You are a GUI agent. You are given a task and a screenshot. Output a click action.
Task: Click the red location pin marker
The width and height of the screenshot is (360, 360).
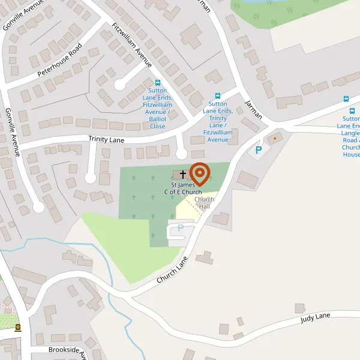click(199, 174)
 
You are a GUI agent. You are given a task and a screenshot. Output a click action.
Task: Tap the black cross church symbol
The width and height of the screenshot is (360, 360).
click(183, 173)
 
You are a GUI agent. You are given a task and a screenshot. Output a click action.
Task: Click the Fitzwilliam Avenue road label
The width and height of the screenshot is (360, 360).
click(132, 44)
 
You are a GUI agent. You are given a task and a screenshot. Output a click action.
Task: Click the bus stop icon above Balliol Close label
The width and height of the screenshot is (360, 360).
click(158, 83)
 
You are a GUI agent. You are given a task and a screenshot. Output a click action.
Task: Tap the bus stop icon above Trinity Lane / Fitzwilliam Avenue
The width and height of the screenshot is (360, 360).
click(218, 95)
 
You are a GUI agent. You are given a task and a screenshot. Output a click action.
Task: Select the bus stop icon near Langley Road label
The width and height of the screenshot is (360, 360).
click(346, 99)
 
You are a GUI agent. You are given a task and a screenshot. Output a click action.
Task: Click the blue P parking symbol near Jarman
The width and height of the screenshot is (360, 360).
click(259, 150)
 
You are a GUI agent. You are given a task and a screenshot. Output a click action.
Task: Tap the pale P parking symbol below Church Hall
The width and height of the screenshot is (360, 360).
click(180, 227)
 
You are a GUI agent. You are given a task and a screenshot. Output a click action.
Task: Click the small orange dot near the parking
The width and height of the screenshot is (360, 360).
click(275, 139)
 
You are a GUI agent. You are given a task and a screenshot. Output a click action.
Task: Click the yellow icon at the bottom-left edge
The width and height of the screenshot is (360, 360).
click(17, 328)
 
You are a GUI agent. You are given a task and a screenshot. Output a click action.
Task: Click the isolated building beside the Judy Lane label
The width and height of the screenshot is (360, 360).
click(299, 308)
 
